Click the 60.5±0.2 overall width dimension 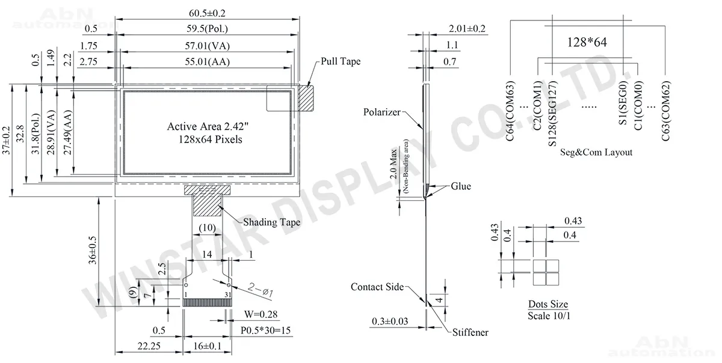[207, 13]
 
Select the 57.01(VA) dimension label [207, 46]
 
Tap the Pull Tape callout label [341, 61]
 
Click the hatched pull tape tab [306, 98]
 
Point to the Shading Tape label [271, 222]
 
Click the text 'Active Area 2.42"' [208, 126]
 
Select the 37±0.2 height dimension [7, 141]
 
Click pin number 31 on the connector [228, 294]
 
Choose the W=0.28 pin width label [261, 314]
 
